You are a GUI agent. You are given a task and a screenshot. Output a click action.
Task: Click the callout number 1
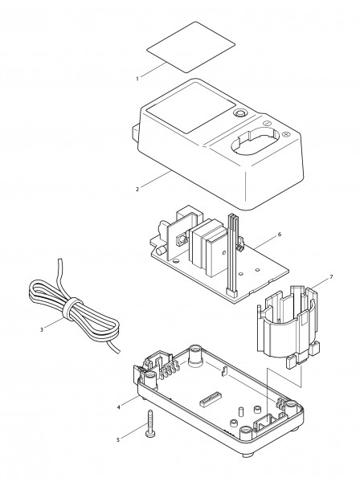pos(137,79)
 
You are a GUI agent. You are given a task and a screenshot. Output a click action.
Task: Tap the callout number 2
pos(137,190)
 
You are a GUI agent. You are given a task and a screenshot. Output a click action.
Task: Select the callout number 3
pos(42,330)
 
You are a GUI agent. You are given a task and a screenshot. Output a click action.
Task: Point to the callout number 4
pos(118,407)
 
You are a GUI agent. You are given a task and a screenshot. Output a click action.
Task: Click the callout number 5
pos(118,440)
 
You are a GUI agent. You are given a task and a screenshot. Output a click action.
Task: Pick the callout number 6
pos(279,235)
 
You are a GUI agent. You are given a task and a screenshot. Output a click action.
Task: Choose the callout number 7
pos(331,277)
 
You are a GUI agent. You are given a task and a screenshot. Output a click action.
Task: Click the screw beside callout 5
pos(150,423)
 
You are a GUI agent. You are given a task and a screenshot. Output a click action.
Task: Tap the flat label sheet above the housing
pos(191,47)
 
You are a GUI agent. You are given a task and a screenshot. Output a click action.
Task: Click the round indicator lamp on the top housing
pos(239,114)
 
